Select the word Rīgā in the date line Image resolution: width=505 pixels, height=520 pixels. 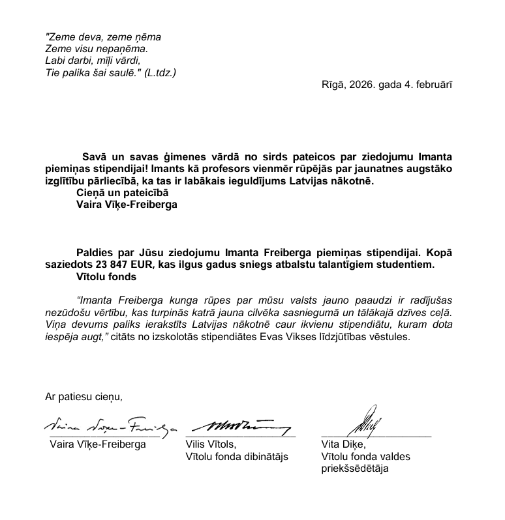coord(333,85)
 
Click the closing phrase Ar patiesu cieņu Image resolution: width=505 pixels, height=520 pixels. coord(84,396)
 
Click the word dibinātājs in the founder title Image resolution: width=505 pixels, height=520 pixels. coord(261,457)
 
